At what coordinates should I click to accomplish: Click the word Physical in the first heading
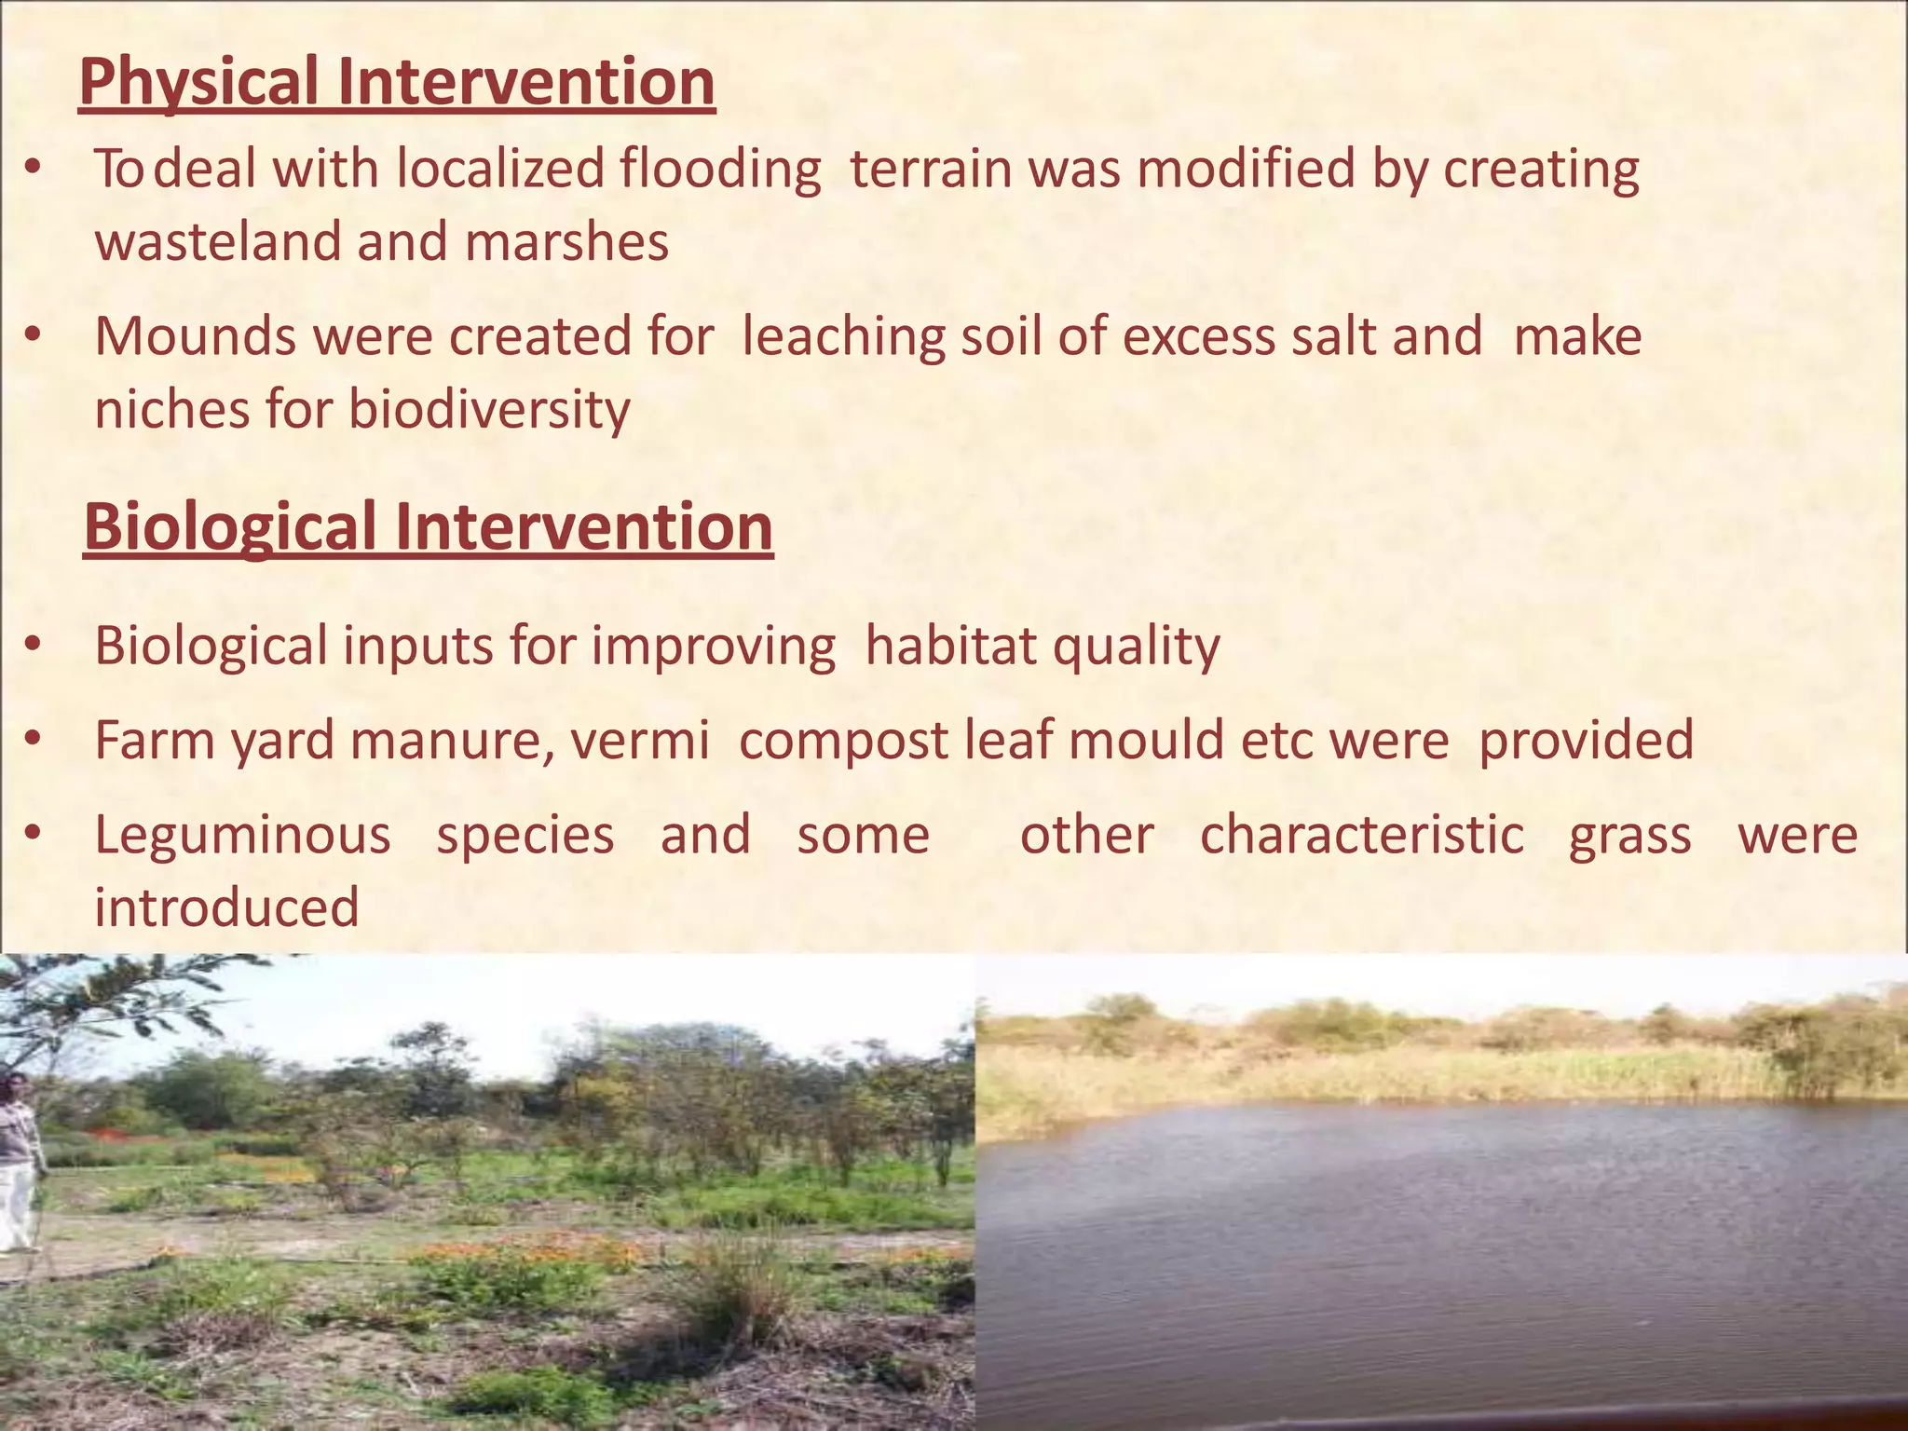[198, 82]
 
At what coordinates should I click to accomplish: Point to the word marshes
[566, 242]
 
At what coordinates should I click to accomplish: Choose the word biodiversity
[489, 410]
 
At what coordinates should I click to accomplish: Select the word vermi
[639, 742]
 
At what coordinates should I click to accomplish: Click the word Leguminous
[242, 836]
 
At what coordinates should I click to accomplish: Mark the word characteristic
[1361, 836]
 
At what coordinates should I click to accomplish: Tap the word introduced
[226, 907]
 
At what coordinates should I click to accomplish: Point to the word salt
[1332, 336]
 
